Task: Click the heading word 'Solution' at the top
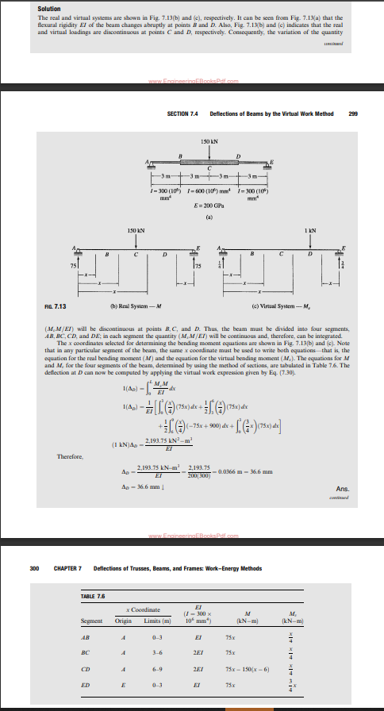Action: point(48,8)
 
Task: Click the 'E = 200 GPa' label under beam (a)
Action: point(209,205)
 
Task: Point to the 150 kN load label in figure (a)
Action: point(209,140)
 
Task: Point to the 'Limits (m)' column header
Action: point(161,620)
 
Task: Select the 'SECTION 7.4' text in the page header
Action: point(183,113)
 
